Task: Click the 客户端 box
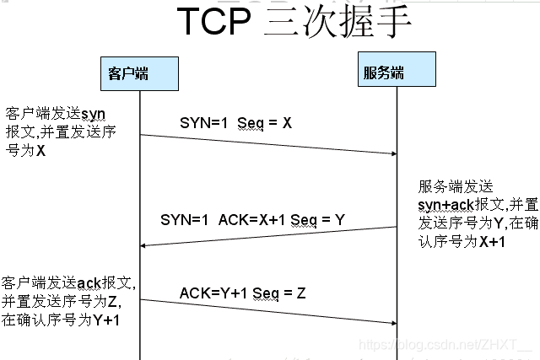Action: click(x=140, y=73)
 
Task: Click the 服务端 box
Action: click(x=396, y=73)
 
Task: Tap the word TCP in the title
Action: click(x=214, y=24)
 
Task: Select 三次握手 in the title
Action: click(x=337, y=24)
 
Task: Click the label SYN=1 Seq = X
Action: click(x=235, y=123)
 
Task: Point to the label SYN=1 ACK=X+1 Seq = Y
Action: click(x=252, y=221)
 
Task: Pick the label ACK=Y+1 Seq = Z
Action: click(x=242, y=293)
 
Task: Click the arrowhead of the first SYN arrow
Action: click(x=392, y=153)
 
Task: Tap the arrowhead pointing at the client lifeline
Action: click(x=144, y=244)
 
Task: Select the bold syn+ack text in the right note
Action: click(x=445, y=205)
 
